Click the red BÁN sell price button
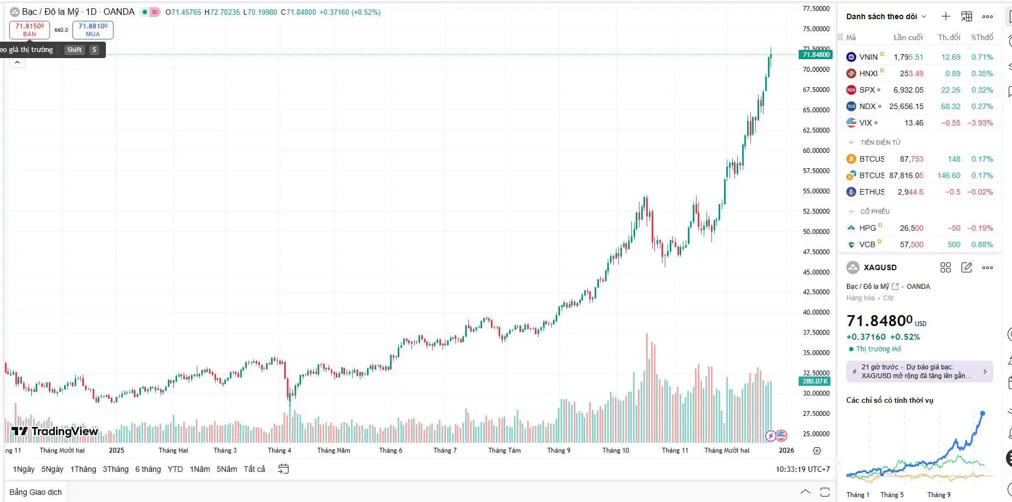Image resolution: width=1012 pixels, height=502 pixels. [30, 30]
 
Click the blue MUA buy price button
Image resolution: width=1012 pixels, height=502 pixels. [93, 30]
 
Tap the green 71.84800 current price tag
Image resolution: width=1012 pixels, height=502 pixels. [816, 55]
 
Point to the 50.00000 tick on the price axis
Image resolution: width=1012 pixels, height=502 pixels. [816, 232]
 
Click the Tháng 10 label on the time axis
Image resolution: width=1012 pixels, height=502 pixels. [615, 450]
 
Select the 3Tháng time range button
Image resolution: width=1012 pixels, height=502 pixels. [115, 469]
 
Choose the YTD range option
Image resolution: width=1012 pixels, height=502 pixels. [175, 469]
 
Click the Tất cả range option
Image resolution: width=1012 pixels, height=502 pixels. [254, 469]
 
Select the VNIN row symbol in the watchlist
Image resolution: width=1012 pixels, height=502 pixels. [868, 57]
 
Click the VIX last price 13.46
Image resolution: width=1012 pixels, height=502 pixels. [914, 123]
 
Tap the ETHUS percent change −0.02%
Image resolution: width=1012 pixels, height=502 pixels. [980, 192]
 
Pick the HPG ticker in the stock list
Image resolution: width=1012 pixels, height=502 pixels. [867, 228]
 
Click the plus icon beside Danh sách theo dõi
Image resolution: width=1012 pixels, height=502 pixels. [946, 16]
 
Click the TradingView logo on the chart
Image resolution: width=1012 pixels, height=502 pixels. [55, 431]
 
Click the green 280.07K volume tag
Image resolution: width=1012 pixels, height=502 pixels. [815, 381]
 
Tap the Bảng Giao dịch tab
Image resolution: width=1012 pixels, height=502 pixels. [36, 492]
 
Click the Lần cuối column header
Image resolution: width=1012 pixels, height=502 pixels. [908, 37]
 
